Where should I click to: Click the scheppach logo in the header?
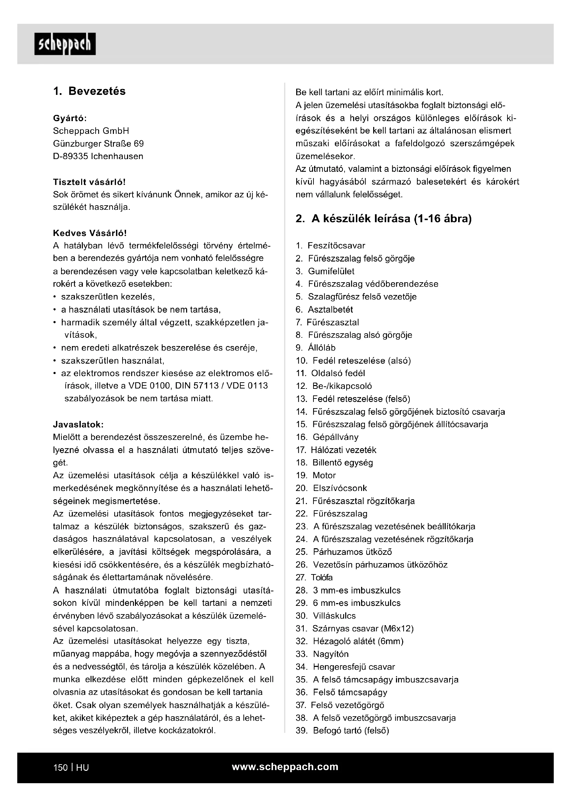tap(65, 44)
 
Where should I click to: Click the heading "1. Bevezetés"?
tap(89, 91)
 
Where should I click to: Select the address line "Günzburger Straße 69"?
tap(98, 144)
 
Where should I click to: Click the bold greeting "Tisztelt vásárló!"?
tap(89, 182)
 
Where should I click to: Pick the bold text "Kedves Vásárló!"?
tap(90, 233)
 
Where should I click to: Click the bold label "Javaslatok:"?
tap(78, 425)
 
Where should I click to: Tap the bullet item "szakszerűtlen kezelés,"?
tap(108, 297)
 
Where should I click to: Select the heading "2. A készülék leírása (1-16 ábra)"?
tap(384, 219)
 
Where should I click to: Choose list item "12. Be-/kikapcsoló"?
tap(334, 386)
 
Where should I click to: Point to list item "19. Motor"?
tap(316, 475)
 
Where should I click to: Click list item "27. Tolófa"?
tap(314, 578)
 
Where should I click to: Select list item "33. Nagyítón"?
tap(322, 654)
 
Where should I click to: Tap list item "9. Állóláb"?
tap(316, 348)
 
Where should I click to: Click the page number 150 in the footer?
tap(60, 767)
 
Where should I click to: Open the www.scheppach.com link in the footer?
tap(285, 767)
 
